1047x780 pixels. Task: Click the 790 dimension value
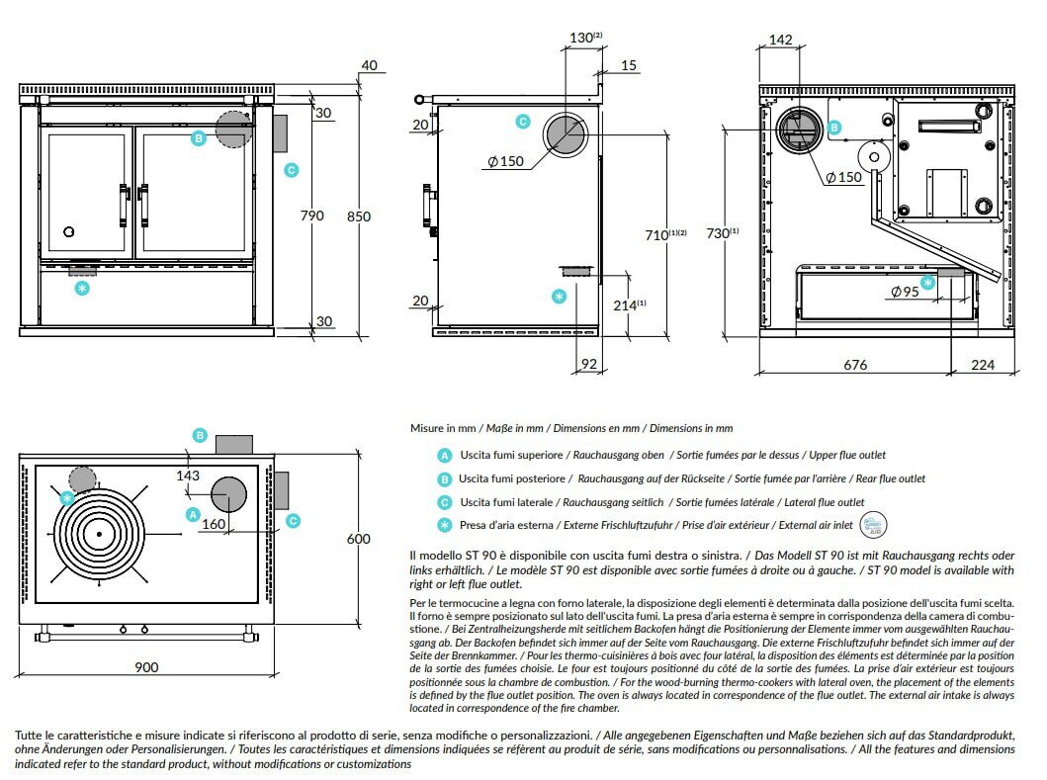(x=311, y=216)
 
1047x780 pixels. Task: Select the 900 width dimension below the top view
(x=145, y=667)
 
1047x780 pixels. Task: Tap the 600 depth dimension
(x=359, y=539)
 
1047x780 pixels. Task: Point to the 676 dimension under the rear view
(x=855, y=365)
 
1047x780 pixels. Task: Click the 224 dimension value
(x=984, y=365)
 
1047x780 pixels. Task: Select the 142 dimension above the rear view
(x=780, y=40)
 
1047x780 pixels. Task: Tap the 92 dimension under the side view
(x=589, y=365)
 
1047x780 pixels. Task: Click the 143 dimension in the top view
(x=188, y=476)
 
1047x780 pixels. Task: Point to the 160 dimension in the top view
(x=214, y=524)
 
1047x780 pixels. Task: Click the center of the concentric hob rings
(x=99, y=534)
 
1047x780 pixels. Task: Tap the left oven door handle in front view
(x=124, y=206)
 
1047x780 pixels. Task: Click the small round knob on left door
(x=68, y=231)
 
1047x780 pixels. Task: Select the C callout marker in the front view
(x=291, y=170)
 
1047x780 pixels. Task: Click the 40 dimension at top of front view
(x=370, y=65)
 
